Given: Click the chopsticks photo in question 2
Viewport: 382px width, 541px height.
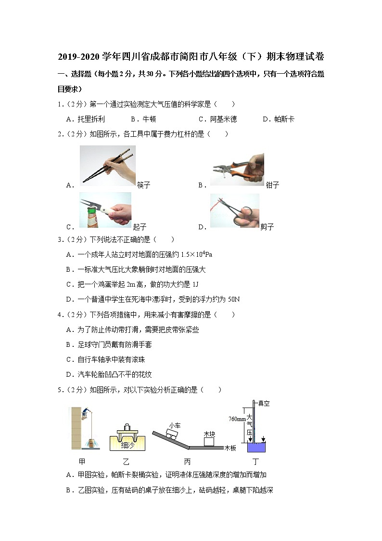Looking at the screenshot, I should pyautogui.click(x=107, y=165).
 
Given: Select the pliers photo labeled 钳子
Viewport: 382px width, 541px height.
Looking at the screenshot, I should pyautogui.click(x=237, y=170).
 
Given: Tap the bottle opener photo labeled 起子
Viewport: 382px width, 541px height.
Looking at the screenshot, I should pyautogui.click(x=105, y=210).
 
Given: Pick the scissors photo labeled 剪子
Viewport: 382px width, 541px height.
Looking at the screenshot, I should pyautogui.click(x=234, y=210).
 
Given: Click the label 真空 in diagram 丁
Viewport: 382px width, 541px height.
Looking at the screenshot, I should pyautogui.click(x=264, y=403).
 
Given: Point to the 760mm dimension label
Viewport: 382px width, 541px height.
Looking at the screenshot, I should pyautogui.click(x=237, y=419).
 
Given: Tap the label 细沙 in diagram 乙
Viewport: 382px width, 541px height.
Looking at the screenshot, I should pyautogui.click(x=127, y=445).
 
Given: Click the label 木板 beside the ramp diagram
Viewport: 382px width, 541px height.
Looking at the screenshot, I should pyautogui.click(x=230, y=448).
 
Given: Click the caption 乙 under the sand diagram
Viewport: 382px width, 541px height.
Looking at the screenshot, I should pyautogui.click(x=126, y=461).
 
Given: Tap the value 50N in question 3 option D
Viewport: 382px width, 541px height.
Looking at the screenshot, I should pyautogui.click(x=233, y=299).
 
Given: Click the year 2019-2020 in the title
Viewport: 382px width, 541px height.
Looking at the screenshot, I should pyautogui.click(x=79, y=57).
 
